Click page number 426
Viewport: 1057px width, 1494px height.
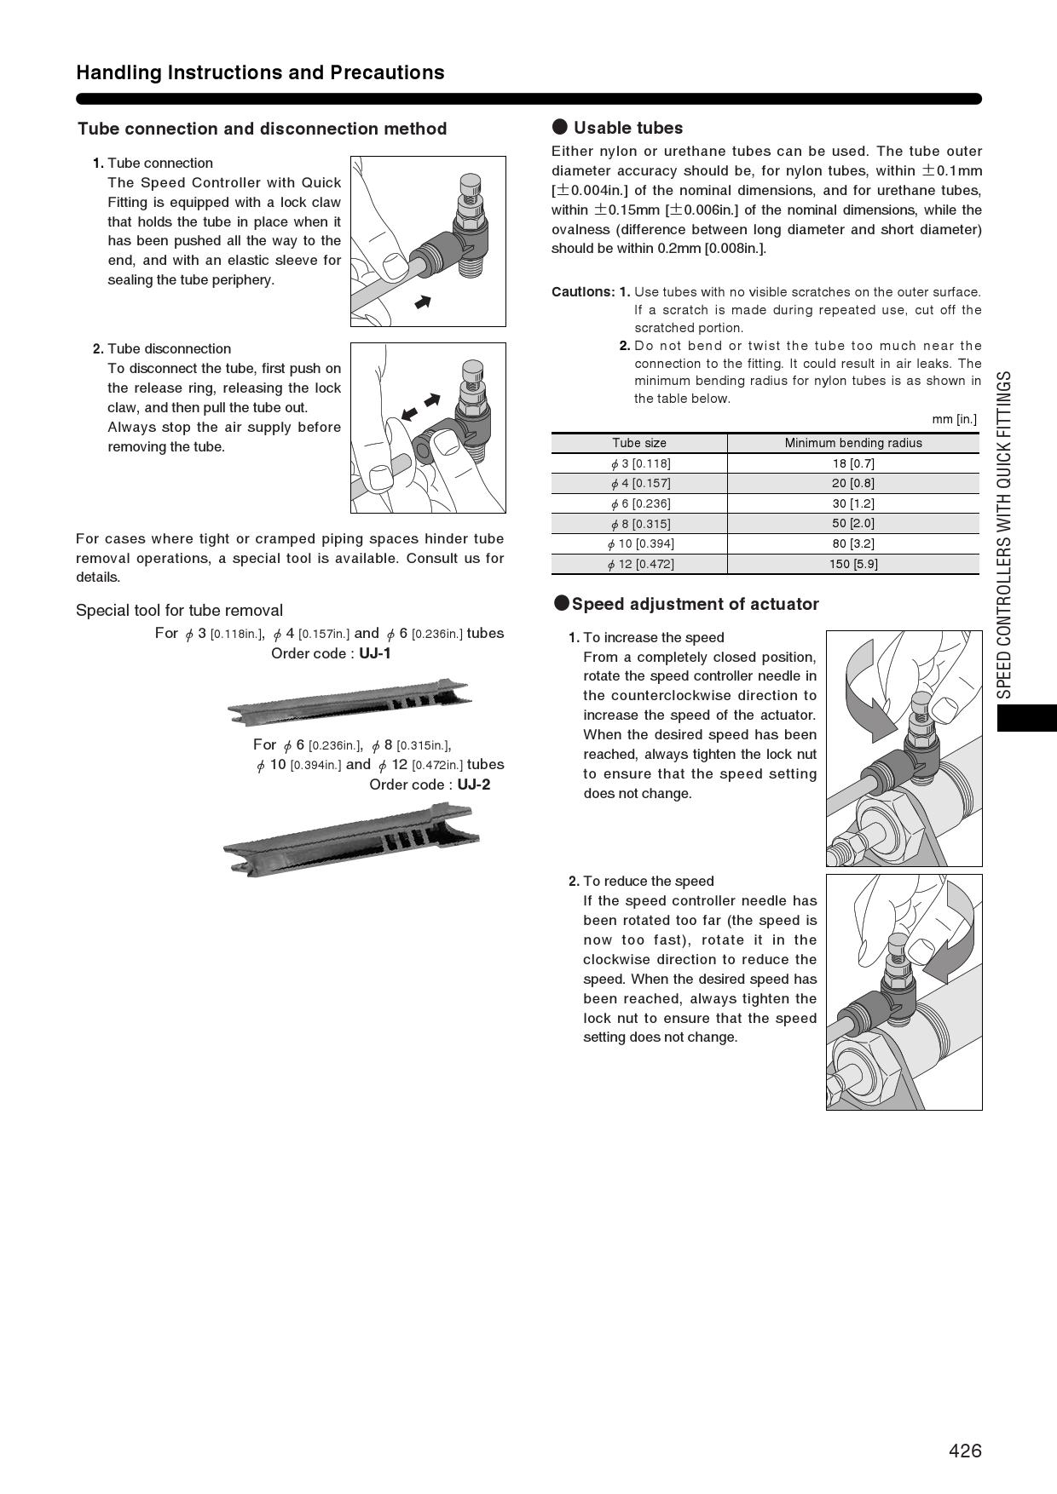pos(965,1451)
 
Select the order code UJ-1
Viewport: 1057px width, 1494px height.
pos(374,653)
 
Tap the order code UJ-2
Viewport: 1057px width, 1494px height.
pos(473,784)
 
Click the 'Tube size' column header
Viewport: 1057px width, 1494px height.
pos(639,443)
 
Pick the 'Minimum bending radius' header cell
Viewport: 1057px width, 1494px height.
pos(852,443)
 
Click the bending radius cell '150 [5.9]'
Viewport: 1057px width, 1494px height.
pos(852,564)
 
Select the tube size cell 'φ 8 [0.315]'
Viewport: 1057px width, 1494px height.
pos(640,524)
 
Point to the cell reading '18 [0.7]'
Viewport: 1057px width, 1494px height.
pos(852,463)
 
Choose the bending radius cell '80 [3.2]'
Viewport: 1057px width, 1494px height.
pos(852,543)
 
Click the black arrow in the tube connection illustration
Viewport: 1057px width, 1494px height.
pos(422,302)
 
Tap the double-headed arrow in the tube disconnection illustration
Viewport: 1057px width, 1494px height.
pos(421,406)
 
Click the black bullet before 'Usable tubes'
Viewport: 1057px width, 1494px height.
pos(560,128)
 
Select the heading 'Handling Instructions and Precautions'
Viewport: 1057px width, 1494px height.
pos(260,72)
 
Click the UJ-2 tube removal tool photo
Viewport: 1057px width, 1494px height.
pos(350,840)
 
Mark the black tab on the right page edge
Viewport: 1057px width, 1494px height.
pos(1026,718)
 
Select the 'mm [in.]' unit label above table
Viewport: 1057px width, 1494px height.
pos(954,419)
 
